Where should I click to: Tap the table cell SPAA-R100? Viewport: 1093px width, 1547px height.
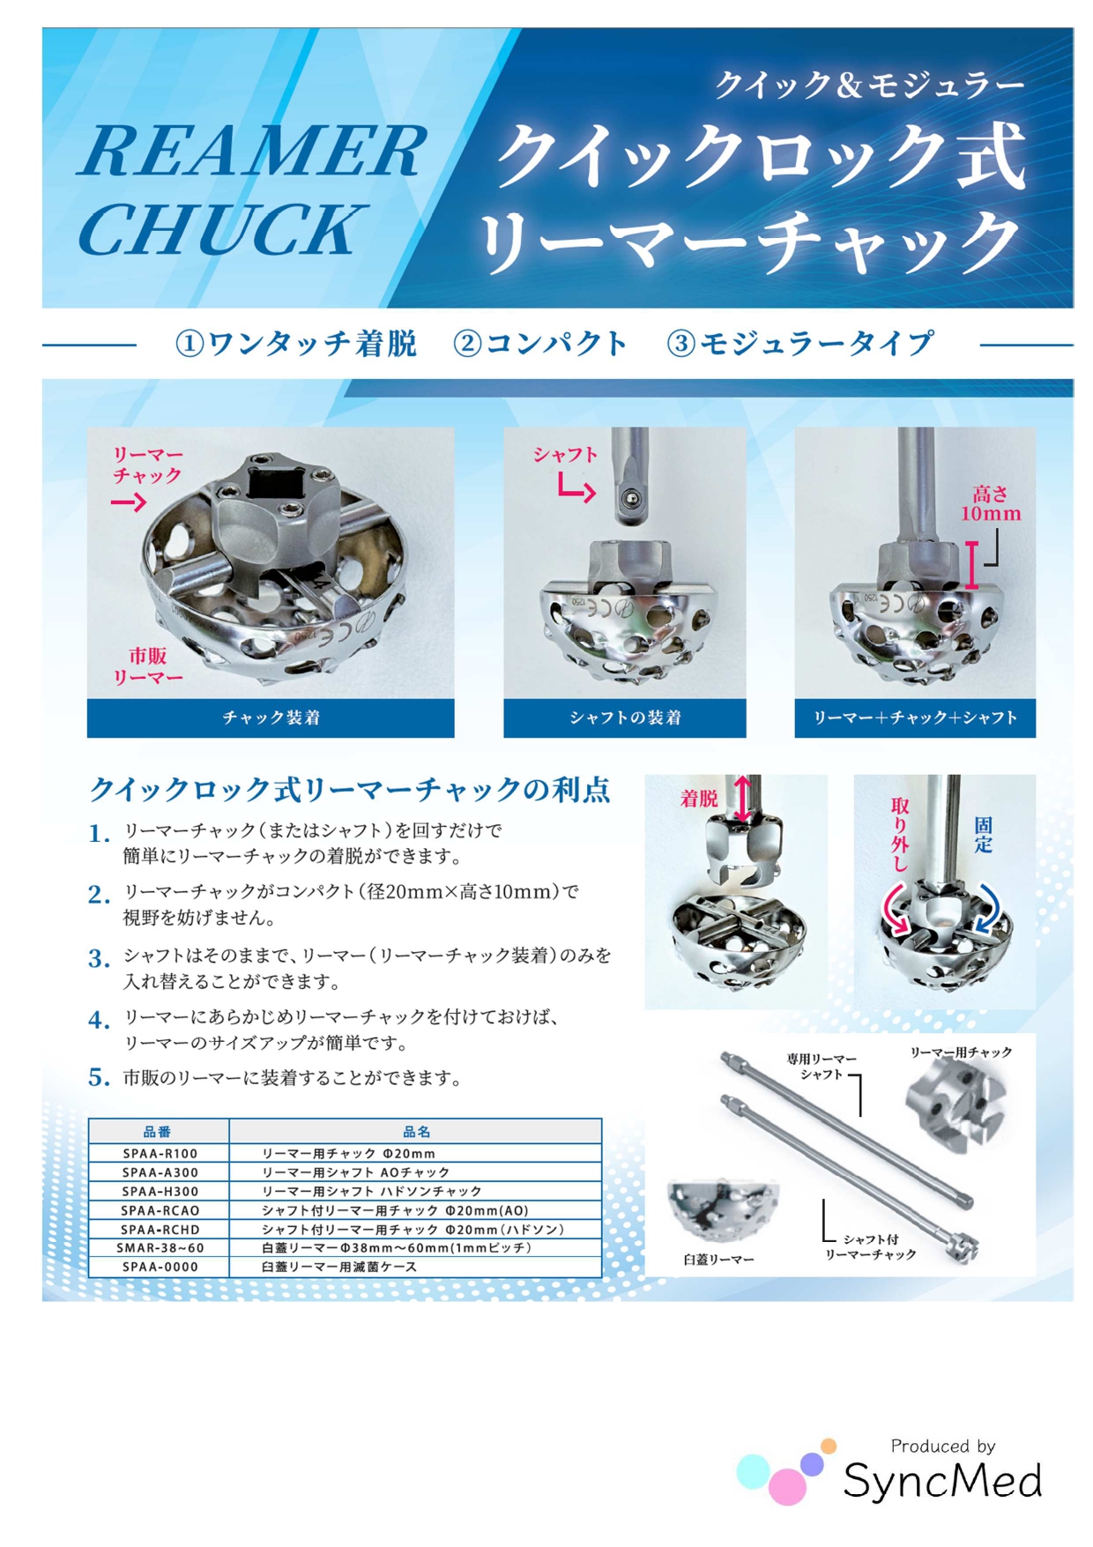(x=160, y=1153)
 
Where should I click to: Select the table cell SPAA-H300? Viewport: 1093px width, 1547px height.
(x=160, y=1191)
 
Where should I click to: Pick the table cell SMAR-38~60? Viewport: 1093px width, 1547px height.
(x=160, y=1247)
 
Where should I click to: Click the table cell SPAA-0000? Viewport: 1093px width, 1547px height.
(x=160, y=1267)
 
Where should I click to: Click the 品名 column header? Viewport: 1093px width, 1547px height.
(x=416, y=1132)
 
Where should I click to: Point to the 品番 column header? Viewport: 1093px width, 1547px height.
(x=158, y=1132)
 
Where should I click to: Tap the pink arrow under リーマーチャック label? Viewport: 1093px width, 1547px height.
(x=129, y=502)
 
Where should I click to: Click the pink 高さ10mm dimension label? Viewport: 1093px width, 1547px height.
(x=991, y=503)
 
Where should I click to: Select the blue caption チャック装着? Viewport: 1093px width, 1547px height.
(x=271, y=718)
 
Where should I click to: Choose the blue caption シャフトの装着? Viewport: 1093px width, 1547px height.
(x=625, y=718)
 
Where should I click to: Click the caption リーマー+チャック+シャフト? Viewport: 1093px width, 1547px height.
(x=915, y=718)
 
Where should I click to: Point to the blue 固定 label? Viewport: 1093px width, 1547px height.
(x=983, y=834)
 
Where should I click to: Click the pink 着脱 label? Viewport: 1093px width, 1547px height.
(x=699, y=799)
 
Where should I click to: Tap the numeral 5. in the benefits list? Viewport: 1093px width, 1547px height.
(x=99, y=1077)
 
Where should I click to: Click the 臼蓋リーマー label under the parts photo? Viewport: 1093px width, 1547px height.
(x=718, y=1260)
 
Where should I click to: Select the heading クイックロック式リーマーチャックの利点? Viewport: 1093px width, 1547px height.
(x=350, y=789)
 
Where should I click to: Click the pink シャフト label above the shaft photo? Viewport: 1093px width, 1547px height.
(x=565, y=455)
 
